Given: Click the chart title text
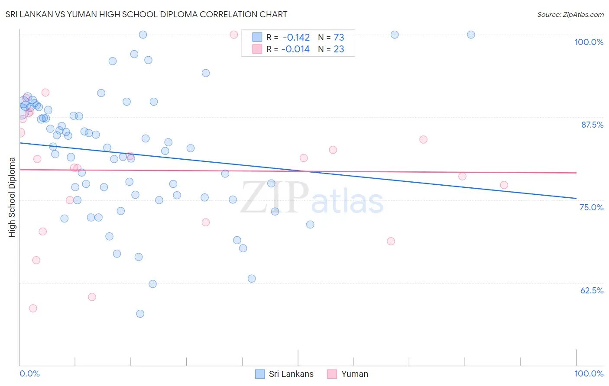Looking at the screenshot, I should point(146,14).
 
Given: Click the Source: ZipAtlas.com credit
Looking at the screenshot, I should point(570,15).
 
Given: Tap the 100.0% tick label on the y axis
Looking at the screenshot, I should point(589,42).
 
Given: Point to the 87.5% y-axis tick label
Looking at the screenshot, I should point(592,125).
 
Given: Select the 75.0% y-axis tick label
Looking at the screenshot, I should point(591,207).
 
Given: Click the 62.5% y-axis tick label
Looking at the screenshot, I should point(592,290).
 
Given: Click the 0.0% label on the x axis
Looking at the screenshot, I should point(29,373).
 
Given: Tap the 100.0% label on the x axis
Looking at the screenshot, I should point(589,373).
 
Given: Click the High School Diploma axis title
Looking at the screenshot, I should point(12,197).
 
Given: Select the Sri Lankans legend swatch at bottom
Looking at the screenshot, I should point(260,374).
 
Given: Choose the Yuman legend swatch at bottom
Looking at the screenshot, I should point(332,374).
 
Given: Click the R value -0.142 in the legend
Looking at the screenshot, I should point(296,38).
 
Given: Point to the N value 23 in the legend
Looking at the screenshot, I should point(339,49).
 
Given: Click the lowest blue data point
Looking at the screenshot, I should point(140,314).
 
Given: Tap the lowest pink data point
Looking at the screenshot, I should point(33,309).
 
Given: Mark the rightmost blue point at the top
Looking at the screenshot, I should point(471,35).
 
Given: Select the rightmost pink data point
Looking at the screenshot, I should point(504,185).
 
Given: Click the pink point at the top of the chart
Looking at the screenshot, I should point(234,35).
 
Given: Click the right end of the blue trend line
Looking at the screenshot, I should point(576,198).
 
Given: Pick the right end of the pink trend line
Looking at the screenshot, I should point(576,173).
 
